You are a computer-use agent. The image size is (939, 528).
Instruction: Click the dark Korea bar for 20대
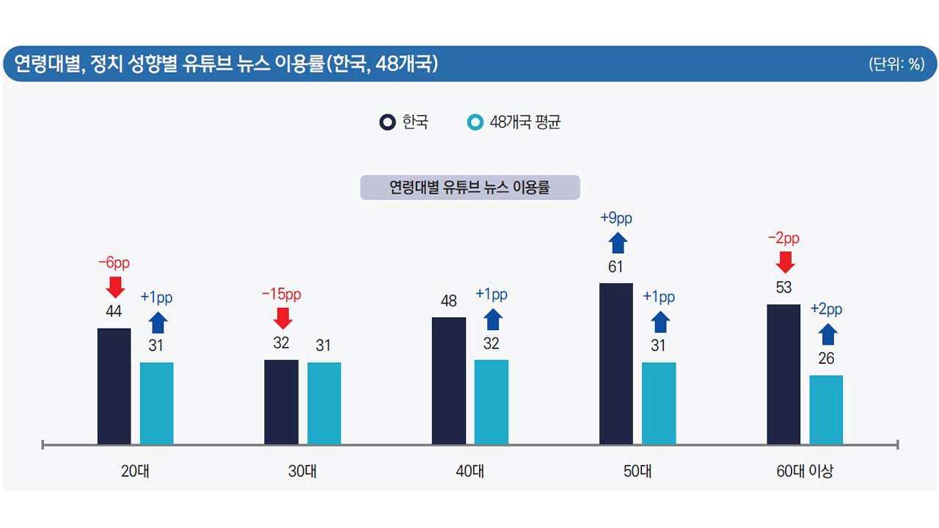click(x=114, y=386)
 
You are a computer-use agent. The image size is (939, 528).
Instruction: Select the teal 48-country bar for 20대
click(x=156, y=403)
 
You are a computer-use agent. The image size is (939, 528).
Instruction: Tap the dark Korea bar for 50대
click(x=616, y=364)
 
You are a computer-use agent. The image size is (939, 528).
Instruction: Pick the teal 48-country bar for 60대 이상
click(x=826, y=410)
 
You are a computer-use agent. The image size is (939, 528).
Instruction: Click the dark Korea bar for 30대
click(x=281, y=402)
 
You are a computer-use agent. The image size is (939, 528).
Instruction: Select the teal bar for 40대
click(x=491, y=402)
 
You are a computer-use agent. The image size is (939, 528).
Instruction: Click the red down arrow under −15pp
click(x=281, y=318)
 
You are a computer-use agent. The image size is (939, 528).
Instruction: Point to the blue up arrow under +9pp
click(x=616, y=243)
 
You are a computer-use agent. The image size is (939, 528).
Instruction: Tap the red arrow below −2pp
click(x=784, y=262)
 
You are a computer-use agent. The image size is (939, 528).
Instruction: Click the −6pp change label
click(x=114, y=263)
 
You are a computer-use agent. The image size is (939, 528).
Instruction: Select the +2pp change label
click(x=826, y=309)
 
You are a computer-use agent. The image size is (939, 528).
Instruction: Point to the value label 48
click(x=449, y=301)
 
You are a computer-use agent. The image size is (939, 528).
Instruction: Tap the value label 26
click(x=826, y=359)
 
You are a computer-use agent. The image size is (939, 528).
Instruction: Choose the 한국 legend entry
click(x=404, y=122)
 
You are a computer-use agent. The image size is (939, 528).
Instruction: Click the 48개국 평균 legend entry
click(x=515, y=122)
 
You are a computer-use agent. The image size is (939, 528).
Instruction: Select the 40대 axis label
click(x=469, y=472)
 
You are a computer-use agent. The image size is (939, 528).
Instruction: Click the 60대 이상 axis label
click(x=805, y=472)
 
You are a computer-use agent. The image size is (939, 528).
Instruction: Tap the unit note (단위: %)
click(x=896, y=64)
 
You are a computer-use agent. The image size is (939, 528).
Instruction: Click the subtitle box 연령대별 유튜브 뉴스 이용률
click(x=469, y=187)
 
